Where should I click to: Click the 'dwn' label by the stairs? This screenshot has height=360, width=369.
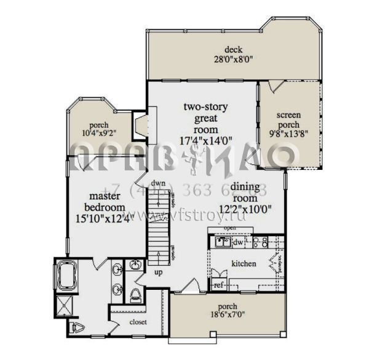pyautogui.click(x=159, y=183)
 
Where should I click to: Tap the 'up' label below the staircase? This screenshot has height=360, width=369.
pyautogui.click(x=159, y=271)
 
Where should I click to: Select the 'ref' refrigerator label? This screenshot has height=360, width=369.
pyautogui.click(x=218, y=285)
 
